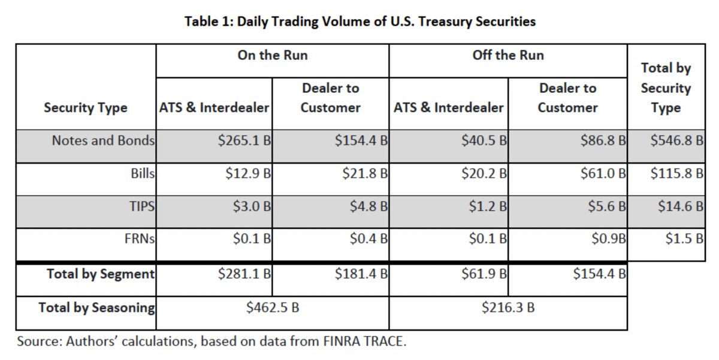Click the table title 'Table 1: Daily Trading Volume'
tap(359, 22)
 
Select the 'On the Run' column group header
tap(273, 55)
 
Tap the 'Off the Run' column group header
tap(508, 55)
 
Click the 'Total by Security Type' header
tap(666, 88)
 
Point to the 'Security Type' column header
tap(86, 108)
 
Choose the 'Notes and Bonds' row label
tap(103, 141)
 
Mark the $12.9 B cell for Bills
tap(247, 174)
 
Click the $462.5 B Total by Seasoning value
tap(273, 308)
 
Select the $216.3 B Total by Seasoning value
tap(508, 308)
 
